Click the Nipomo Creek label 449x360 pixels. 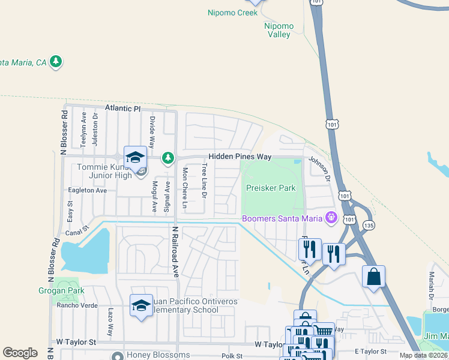click(x=232, y=13)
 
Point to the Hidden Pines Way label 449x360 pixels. click(x=240, y=157)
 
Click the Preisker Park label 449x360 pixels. click(x=271, y=188)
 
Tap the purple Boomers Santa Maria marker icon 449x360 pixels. click(x=330, y=217)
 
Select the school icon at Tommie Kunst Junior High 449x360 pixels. click(x=136, y=158)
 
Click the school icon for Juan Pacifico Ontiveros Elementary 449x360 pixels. click(x=141, y=306)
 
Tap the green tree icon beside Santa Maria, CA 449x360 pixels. click(x=56, y=61)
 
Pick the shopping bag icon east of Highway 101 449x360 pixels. click(x=373, y=277)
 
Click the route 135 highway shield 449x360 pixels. click(x=369, y=225)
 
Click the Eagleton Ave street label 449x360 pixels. click(x=88, y=190)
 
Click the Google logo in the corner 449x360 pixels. click(x=20, y=352)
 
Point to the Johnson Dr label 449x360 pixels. click(x=319, y=169)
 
